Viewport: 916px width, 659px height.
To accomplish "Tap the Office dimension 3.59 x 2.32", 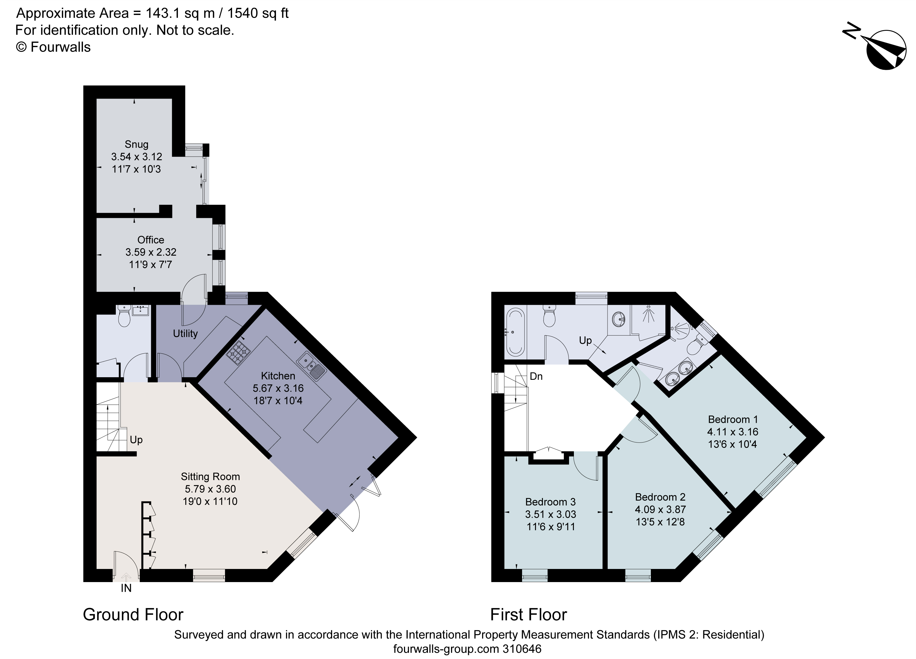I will (x=151, y=252).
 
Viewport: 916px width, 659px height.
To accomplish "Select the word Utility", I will (x=185, y=333).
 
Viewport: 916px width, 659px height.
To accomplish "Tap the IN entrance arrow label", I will (x=126, y=588).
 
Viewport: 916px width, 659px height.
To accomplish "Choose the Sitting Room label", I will (x=210, y=477).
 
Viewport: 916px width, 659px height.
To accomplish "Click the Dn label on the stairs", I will (x=536, y=377).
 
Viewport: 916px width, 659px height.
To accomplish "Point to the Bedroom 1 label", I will (x=733, y=419).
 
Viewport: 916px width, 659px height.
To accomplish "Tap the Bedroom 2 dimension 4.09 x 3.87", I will (x=660, y=509).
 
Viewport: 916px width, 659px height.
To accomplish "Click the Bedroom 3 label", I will (x=550, y=502).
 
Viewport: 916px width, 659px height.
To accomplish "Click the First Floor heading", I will (x=528, y=615).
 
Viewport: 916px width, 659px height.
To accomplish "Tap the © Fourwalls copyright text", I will (x=53, y=47).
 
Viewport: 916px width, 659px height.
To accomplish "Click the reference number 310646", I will (x=522, y=649).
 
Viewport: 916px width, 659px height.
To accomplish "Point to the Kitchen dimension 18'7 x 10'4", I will (x=278, y=401).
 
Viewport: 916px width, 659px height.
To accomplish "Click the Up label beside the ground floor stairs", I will (x=136, y=440).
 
